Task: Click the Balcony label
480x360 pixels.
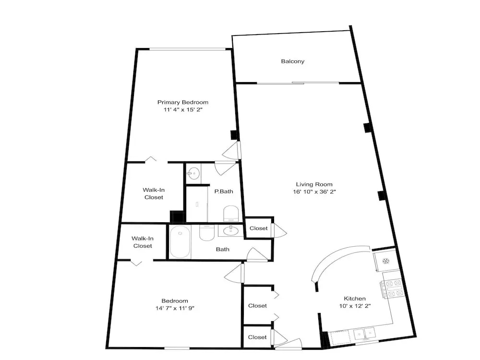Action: pos(293,61)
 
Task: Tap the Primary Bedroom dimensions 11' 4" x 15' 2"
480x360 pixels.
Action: pos(183,109)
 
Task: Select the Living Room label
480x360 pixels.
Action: pos(314,184)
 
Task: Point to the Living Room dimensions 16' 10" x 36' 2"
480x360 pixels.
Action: pos(314,192)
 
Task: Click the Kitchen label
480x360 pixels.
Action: pos(355,299)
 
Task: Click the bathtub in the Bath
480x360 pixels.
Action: pos(180,242)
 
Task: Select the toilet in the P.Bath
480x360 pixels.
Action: pos(231,214)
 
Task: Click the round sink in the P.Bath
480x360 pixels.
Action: pos(193,174)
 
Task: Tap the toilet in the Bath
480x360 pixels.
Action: pos(206,233)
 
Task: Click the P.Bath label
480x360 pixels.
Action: pos(224,192)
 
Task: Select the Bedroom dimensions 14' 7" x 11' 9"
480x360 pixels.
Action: pos(175,308)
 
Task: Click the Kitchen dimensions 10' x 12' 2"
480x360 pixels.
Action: pos(355,306)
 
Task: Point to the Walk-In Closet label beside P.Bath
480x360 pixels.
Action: pos(154,193)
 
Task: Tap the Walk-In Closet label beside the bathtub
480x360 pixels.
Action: pos(143,242)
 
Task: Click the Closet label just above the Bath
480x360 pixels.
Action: pos(258,228)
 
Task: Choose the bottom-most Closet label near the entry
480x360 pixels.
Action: pos(257,337)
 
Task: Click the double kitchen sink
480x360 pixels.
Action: pos(364,334)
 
